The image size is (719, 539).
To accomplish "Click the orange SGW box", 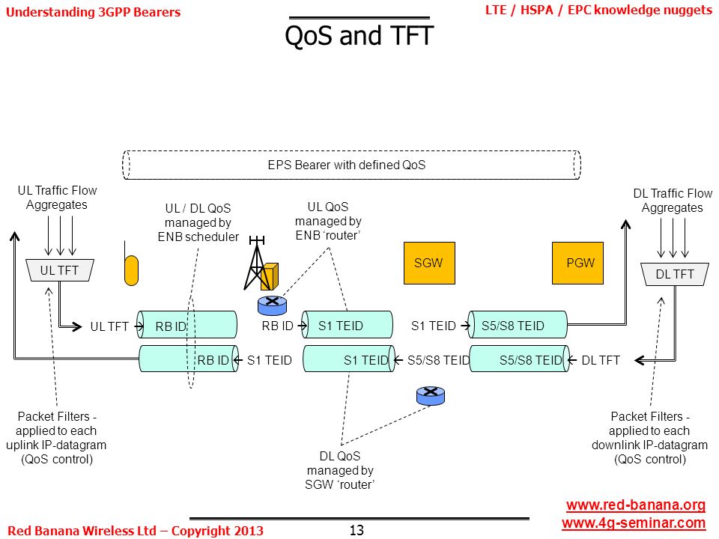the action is click(429, 263).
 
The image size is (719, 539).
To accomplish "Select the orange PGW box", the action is click(577, 263).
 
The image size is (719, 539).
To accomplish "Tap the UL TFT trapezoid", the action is click(60, 270).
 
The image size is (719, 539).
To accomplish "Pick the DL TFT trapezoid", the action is click(675, 274).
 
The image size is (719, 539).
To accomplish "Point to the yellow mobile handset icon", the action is click(131, 270).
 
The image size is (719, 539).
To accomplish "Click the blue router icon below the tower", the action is click(273, 305).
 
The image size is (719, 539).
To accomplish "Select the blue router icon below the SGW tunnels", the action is click(431, 396).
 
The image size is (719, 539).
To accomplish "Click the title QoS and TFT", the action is click(359, 35).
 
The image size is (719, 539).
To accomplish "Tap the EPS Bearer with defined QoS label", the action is click(347, 165).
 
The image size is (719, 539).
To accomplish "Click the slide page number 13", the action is click(357, 530).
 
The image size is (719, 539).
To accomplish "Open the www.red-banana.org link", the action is click(636, 505).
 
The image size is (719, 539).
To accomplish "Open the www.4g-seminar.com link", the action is click(634, 523).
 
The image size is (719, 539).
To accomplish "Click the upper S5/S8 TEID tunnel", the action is click(518, 325).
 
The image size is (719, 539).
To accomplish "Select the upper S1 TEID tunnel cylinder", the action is click(347, 325).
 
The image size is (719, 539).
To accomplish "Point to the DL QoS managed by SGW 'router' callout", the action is click(340, 470).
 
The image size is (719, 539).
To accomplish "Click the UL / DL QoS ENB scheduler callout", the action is click(198, 223).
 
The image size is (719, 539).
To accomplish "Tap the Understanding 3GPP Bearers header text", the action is click(93, 12).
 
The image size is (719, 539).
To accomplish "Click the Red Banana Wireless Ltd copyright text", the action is click(136, 531).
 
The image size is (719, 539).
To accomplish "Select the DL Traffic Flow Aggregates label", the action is click(673, 201).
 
